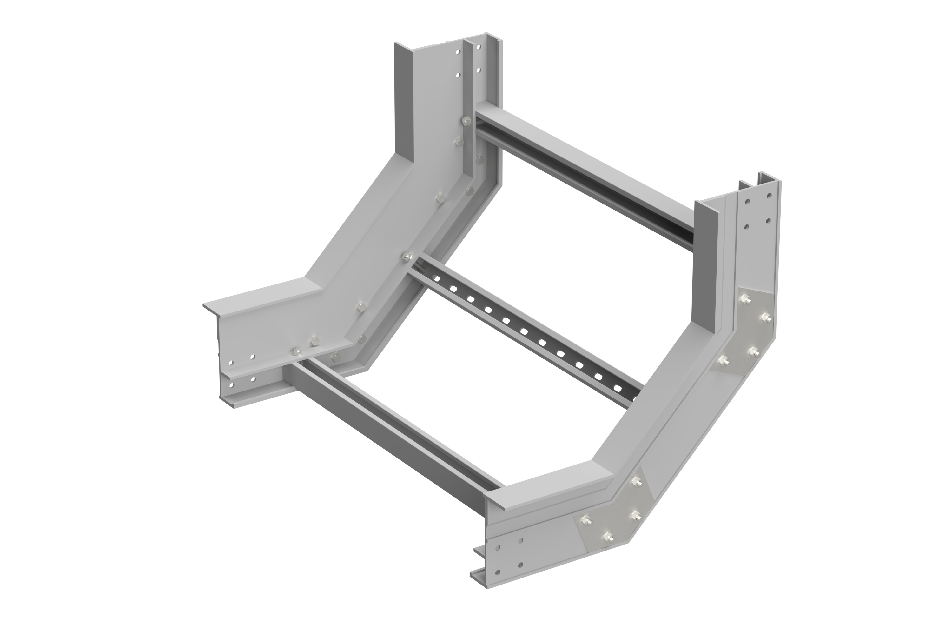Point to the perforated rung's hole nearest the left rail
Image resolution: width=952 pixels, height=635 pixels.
[x=435, y=277]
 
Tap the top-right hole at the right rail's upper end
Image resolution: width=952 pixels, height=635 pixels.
[x=768, y=195]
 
